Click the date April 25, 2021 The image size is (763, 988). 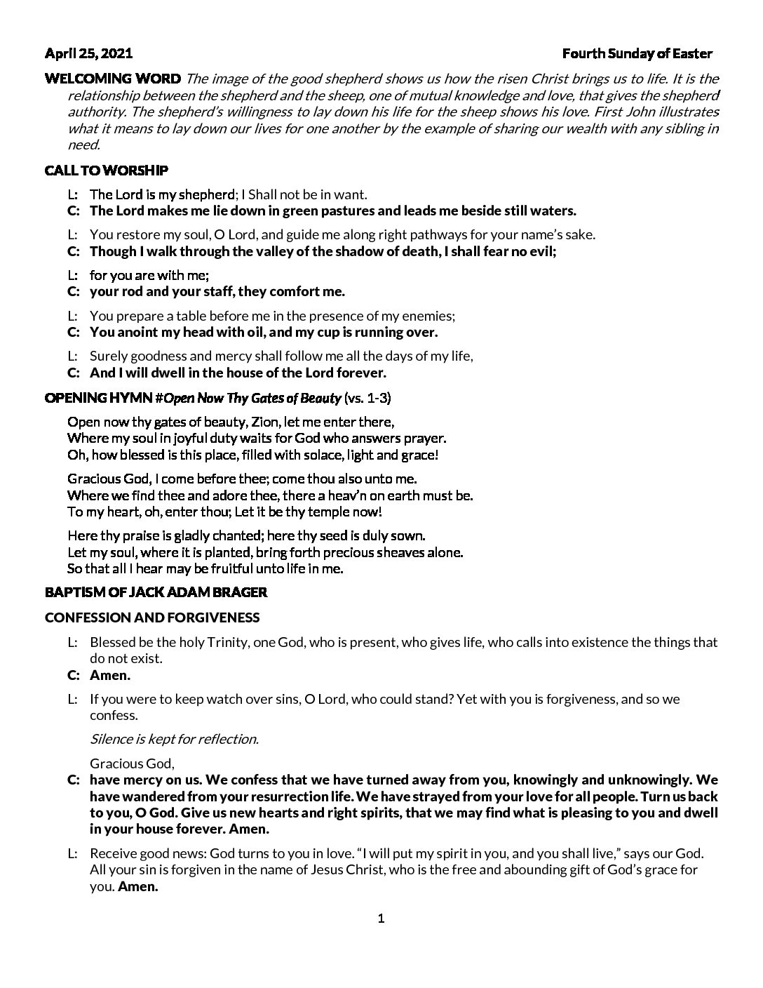[88, 53]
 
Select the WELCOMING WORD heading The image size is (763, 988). [112, 78]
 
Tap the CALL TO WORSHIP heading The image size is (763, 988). [106, 171]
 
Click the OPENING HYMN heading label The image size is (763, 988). [98, 399]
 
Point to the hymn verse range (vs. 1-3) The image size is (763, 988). [367, 399]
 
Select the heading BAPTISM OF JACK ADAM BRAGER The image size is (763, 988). [156, 592]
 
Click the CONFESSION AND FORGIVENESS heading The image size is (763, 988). [152, 617]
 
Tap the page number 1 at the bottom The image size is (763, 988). [381, 919]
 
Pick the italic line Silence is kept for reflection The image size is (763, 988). [174, 738]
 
